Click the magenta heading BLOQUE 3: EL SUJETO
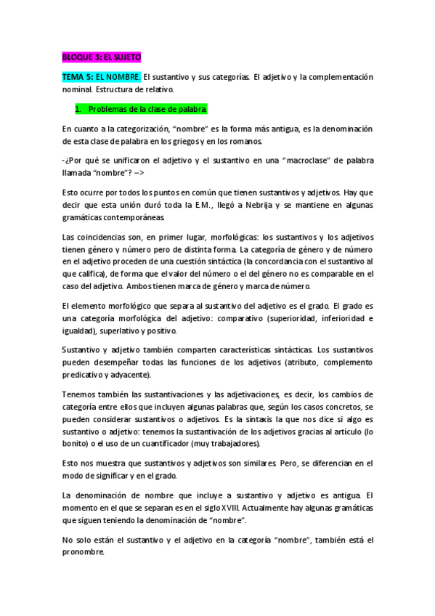102,56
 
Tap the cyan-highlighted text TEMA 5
78,76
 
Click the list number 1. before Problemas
78,109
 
